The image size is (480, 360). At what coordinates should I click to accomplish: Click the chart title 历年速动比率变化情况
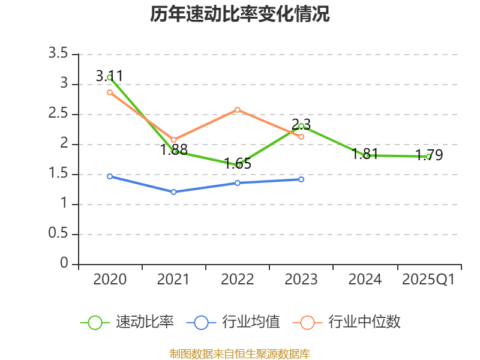pos(240,14)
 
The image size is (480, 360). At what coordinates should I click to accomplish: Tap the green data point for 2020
pos(110,77)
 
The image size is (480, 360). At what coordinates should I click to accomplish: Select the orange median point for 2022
pos(238,110)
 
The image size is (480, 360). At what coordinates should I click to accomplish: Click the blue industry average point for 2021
pos(173,192)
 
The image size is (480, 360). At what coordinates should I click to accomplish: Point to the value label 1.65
pos(238,163)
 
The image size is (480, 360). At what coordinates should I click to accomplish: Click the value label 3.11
pos(110,76)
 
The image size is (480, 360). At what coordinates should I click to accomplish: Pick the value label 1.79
pos(429,155)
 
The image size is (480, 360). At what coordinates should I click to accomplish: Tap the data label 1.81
pos(365,153)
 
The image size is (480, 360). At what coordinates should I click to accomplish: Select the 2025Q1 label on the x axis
pos(429,279)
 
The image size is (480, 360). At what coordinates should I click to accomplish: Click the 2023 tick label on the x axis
pos(301,279)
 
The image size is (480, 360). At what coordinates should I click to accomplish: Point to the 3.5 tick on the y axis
pos(59,54)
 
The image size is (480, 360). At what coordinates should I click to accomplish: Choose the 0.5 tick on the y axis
pos(59,234)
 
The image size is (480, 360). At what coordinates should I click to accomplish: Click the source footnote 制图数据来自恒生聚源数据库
pos(240,353)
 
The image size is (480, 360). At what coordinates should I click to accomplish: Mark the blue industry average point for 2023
pos(301,179)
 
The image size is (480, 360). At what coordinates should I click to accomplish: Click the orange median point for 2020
pos(110,92)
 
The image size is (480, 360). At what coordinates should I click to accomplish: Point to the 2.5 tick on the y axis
pos(59,114)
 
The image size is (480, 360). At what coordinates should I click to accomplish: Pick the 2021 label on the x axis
pos(173,279)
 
